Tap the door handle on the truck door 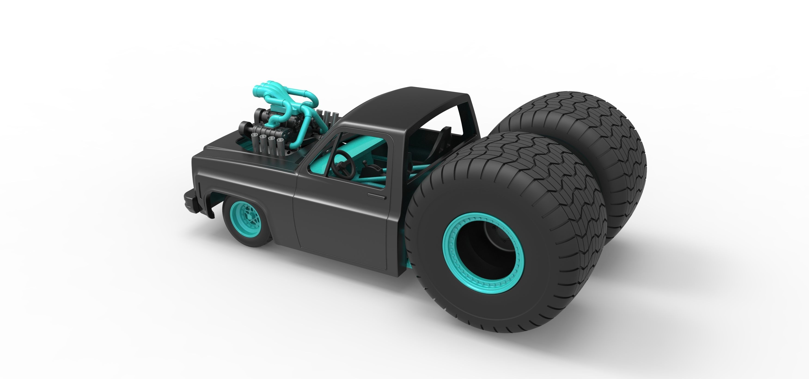point(376,197)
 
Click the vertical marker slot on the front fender point(199,188)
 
